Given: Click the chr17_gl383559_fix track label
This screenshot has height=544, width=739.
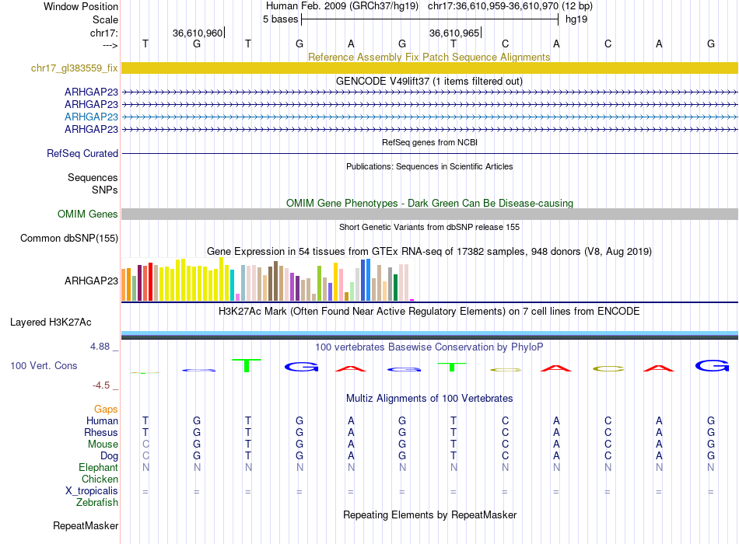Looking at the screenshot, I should pos(75,68).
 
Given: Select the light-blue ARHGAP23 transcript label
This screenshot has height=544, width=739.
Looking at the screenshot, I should pos(91,117).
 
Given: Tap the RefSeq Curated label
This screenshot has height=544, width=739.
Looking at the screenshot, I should pos(82,154).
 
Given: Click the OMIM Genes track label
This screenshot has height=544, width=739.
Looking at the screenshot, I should pos(88,214).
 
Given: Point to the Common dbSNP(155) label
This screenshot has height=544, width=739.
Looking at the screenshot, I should pos(69,239).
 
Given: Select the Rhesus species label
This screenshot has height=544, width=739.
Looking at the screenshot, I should pos(101,433).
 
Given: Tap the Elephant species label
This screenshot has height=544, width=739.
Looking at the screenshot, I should pos(98,468).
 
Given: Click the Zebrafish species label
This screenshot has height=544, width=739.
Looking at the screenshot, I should pos(98,503).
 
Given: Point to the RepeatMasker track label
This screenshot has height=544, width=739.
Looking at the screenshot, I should pos(86,526).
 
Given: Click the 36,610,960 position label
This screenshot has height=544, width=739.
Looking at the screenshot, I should pos(198,33).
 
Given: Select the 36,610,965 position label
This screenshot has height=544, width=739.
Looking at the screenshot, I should pos(454,33).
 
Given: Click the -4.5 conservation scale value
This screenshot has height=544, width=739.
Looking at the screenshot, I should pos(105,385).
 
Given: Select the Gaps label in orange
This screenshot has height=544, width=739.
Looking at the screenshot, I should pos(106,409).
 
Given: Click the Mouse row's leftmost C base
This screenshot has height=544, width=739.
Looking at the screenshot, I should pos(145,445).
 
